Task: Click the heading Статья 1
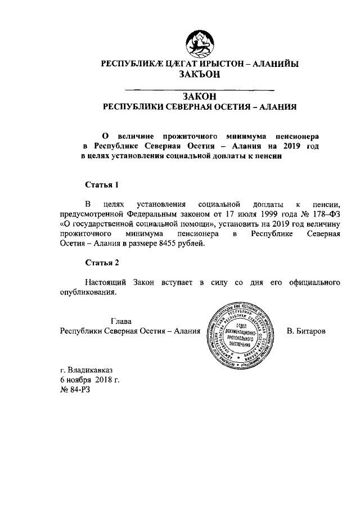click(101, 184)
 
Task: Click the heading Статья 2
click(101, 263)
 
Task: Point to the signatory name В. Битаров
click(306, 331)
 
